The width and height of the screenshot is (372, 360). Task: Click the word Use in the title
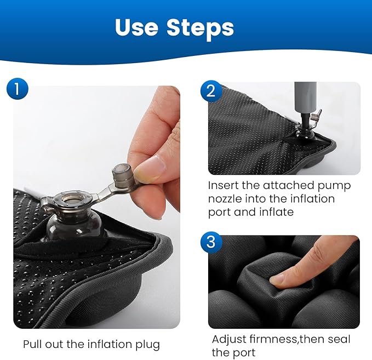(x=136, y=27)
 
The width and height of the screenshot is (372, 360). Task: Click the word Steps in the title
(x=201, y=29)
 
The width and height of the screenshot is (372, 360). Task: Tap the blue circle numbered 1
(x=18, y=89)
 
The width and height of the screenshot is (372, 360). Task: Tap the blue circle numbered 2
(x=211, y=91)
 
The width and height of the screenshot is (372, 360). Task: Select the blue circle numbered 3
(x=211, y=242)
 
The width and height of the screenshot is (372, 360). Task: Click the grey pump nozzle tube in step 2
(x=305, y=98)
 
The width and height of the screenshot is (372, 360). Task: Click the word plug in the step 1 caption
(x=148, y=345)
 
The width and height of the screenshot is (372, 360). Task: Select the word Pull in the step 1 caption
(x=33, y=344)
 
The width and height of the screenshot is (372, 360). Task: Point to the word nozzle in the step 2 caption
(x=225, y=199)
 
